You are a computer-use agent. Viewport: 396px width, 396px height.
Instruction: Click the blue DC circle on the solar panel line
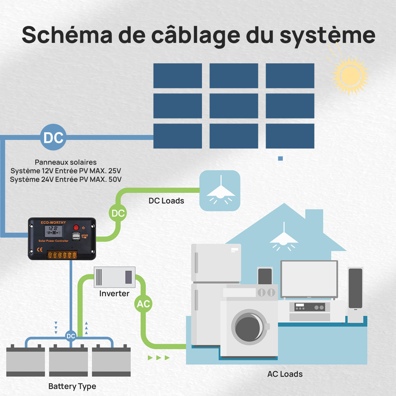click(x=53, y=137)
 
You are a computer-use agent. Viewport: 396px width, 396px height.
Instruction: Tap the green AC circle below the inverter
click(x=143, y=304)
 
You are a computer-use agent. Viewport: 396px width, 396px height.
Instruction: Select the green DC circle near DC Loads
click(x=118, y=213)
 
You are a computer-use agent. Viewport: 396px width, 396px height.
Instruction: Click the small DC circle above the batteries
click(x=71, y=336)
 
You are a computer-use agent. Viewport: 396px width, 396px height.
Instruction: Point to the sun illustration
click(x=350, y=76)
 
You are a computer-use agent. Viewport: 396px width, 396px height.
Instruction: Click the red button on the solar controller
click(x=76, y=227)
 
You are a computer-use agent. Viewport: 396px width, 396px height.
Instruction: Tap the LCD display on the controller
click(x=53, y=231)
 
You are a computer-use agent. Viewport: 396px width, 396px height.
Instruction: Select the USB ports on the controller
click(x=76, y=236)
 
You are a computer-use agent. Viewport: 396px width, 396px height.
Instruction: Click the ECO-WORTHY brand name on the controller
click(x=53, y=222)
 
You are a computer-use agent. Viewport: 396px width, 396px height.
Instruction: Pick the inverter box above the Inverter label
click(x=115, y=277)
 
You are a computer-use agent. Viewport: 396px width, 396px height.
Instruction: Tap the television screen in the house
click(x=309, y=279)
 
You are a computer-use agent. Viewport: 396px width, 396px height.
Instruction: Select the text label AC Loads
click(x=285, y=374)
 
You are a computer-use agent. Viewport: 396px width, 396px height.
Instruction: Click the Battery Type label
click(x=72, y=386)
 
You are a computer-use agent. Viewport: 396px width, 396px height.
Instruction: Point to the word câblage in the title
click(x=195, y=35)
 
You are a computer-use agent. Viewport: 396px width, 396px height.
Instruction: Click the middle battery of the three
click(x=68, y=360)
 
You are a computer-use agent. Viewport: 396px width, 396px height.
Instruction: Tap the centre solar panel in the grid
click(x=234, y=106)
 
